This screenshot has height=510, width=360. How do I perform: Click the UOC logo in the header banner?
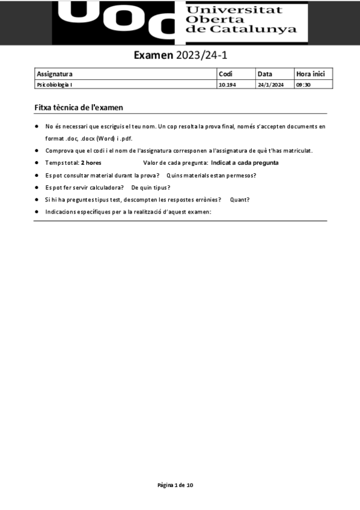(120, 22)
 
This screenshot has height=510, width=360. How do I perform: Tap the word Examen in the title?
(153, 56)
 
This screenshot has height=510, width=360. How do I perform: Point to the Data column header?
(264, 74)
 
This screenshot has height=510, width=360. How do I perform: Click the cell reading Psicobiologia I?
(55, 85)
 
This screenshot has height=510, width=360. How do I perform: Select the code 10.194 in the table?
(227, 85)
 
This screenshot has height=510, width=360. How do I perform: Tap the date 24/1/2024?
(270, 85)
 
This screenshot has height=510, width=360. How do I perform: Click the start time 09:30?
(303, 85)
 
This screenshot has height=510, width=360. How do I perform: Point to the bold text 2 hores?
(91, 163)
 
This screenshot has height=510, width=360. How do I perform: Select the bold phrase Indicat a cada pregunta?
(245, 163)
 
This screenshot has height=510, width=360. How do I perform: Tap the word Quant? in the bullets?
(240, 200)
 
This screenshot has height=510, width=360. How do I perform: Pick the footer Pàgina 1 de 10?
(175, 485)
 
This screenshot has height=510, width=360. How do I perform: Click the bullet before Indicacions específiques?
(37, 212)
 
